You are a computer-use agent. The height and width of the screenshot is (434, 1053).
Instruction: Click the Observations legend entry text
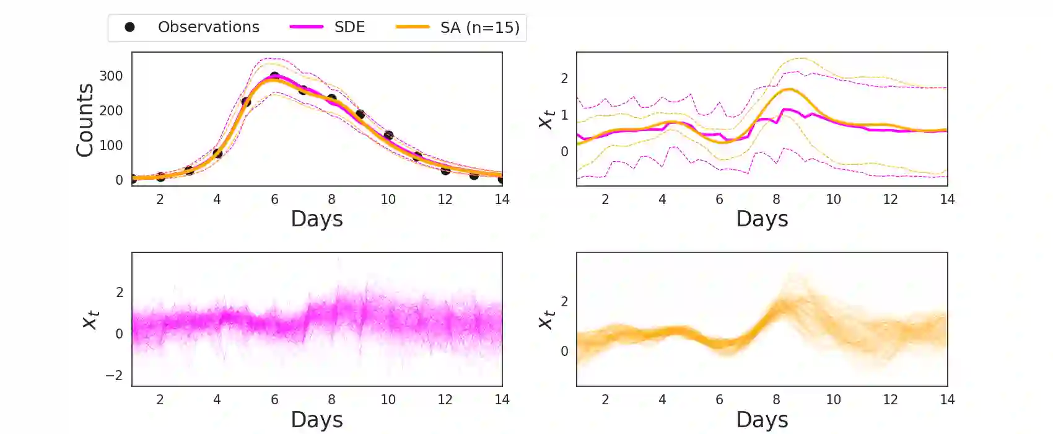pos(208,27)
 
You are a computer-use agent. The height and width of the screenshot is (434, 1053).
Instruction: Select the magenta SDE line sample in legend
pos(307,27)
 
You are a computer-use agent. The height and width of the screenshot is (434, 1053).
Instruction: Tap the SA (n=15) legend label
pos(479,27)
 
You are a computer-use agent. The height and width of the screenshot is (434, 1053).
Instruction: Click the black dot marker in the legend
pos(129,27)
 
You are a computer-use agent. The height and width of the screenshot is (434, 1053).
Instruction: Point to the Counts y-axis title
pos(85,120)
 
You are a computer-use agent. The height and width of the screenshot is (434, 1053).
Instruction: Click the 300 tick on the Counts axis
pos(111,76)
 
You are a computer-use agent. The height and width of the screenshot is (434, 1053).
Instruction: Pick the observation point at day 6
pos(274,77)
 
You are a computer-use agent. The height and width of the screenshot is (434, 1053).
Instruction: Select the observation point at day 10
pos(388,135)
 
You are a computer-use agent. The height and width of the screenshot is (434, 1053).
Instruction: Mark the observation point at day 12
pos(445,170)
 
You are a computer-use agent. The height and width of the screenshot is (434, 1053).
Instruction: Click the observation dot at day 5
pos(246,102)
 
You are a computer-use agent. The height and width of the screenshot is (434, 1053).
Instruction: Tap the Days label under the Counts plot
pos(317,219)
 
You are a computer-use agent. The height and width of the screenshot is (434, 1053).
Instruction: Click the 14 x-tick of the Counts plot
pos(502,200)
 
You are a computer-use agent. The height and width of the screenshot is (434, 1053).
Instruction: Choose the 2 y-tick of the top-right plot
pos(564,79)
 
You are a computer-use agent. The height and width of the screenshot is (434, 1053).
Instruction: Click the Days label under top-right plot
pos(762,219)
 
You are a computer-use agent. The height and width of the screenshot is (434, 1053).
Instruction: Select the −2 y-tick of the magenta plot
pos(114,375)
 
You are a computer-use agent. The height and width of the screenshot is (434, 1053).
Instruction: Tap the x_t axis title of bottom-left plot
pos(90,319)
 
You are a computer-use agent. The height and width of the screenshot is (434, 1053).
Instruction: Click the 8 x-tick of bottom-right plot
pos(776,400)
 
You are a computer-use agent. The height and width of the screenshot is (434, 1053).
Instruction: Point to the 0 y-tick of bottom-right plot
pos(564,352)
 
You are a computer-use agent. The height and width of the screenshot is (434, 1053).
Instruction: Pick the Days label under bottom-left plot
pos(317,420)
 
